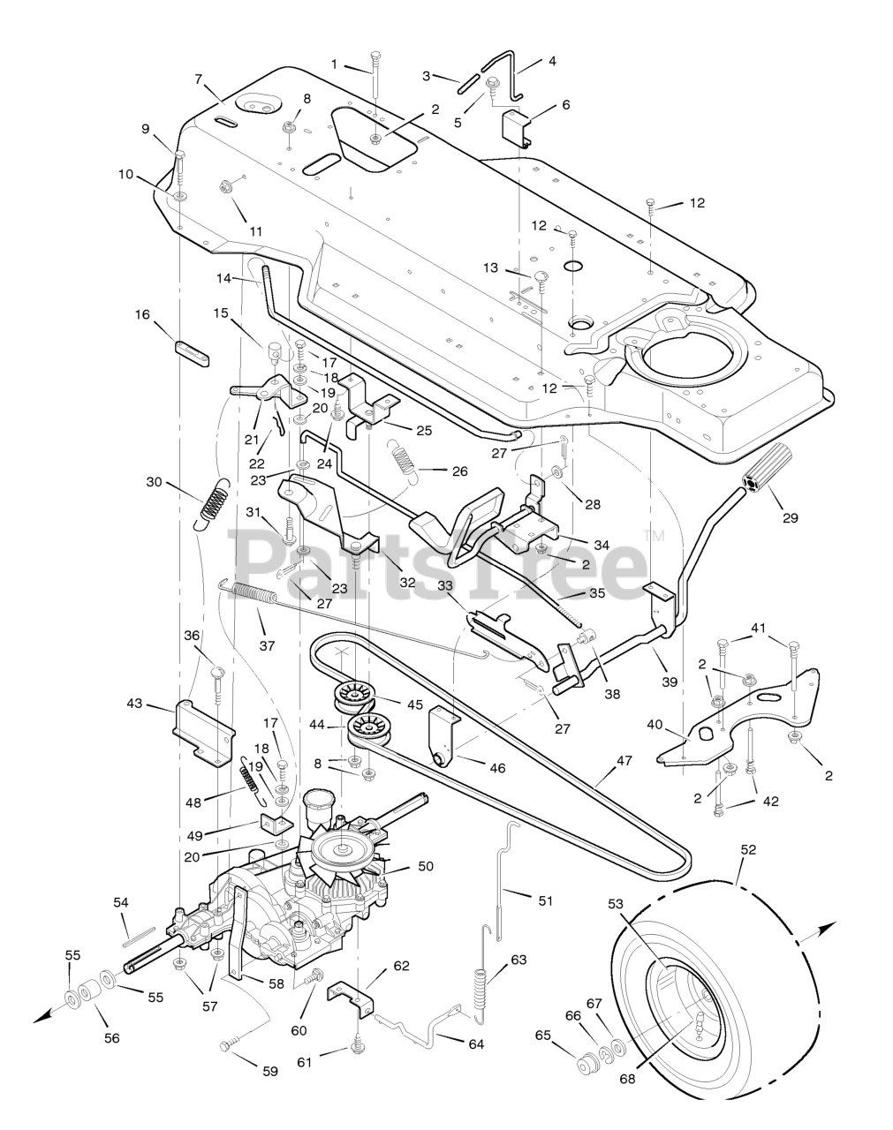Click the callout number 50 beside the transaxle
[x=426, y=865]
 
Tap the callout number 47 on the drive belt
[x=624, y=760]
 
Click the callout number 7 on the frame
[x=198, y=79]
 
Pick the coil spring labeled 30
[x=214, y=504]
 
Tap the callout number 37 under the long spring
[x=268, y=645]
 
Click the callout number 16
[x=142, y=314]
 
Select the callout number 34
[x=602, y=546]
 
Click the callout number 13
[x=490, y=267]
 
